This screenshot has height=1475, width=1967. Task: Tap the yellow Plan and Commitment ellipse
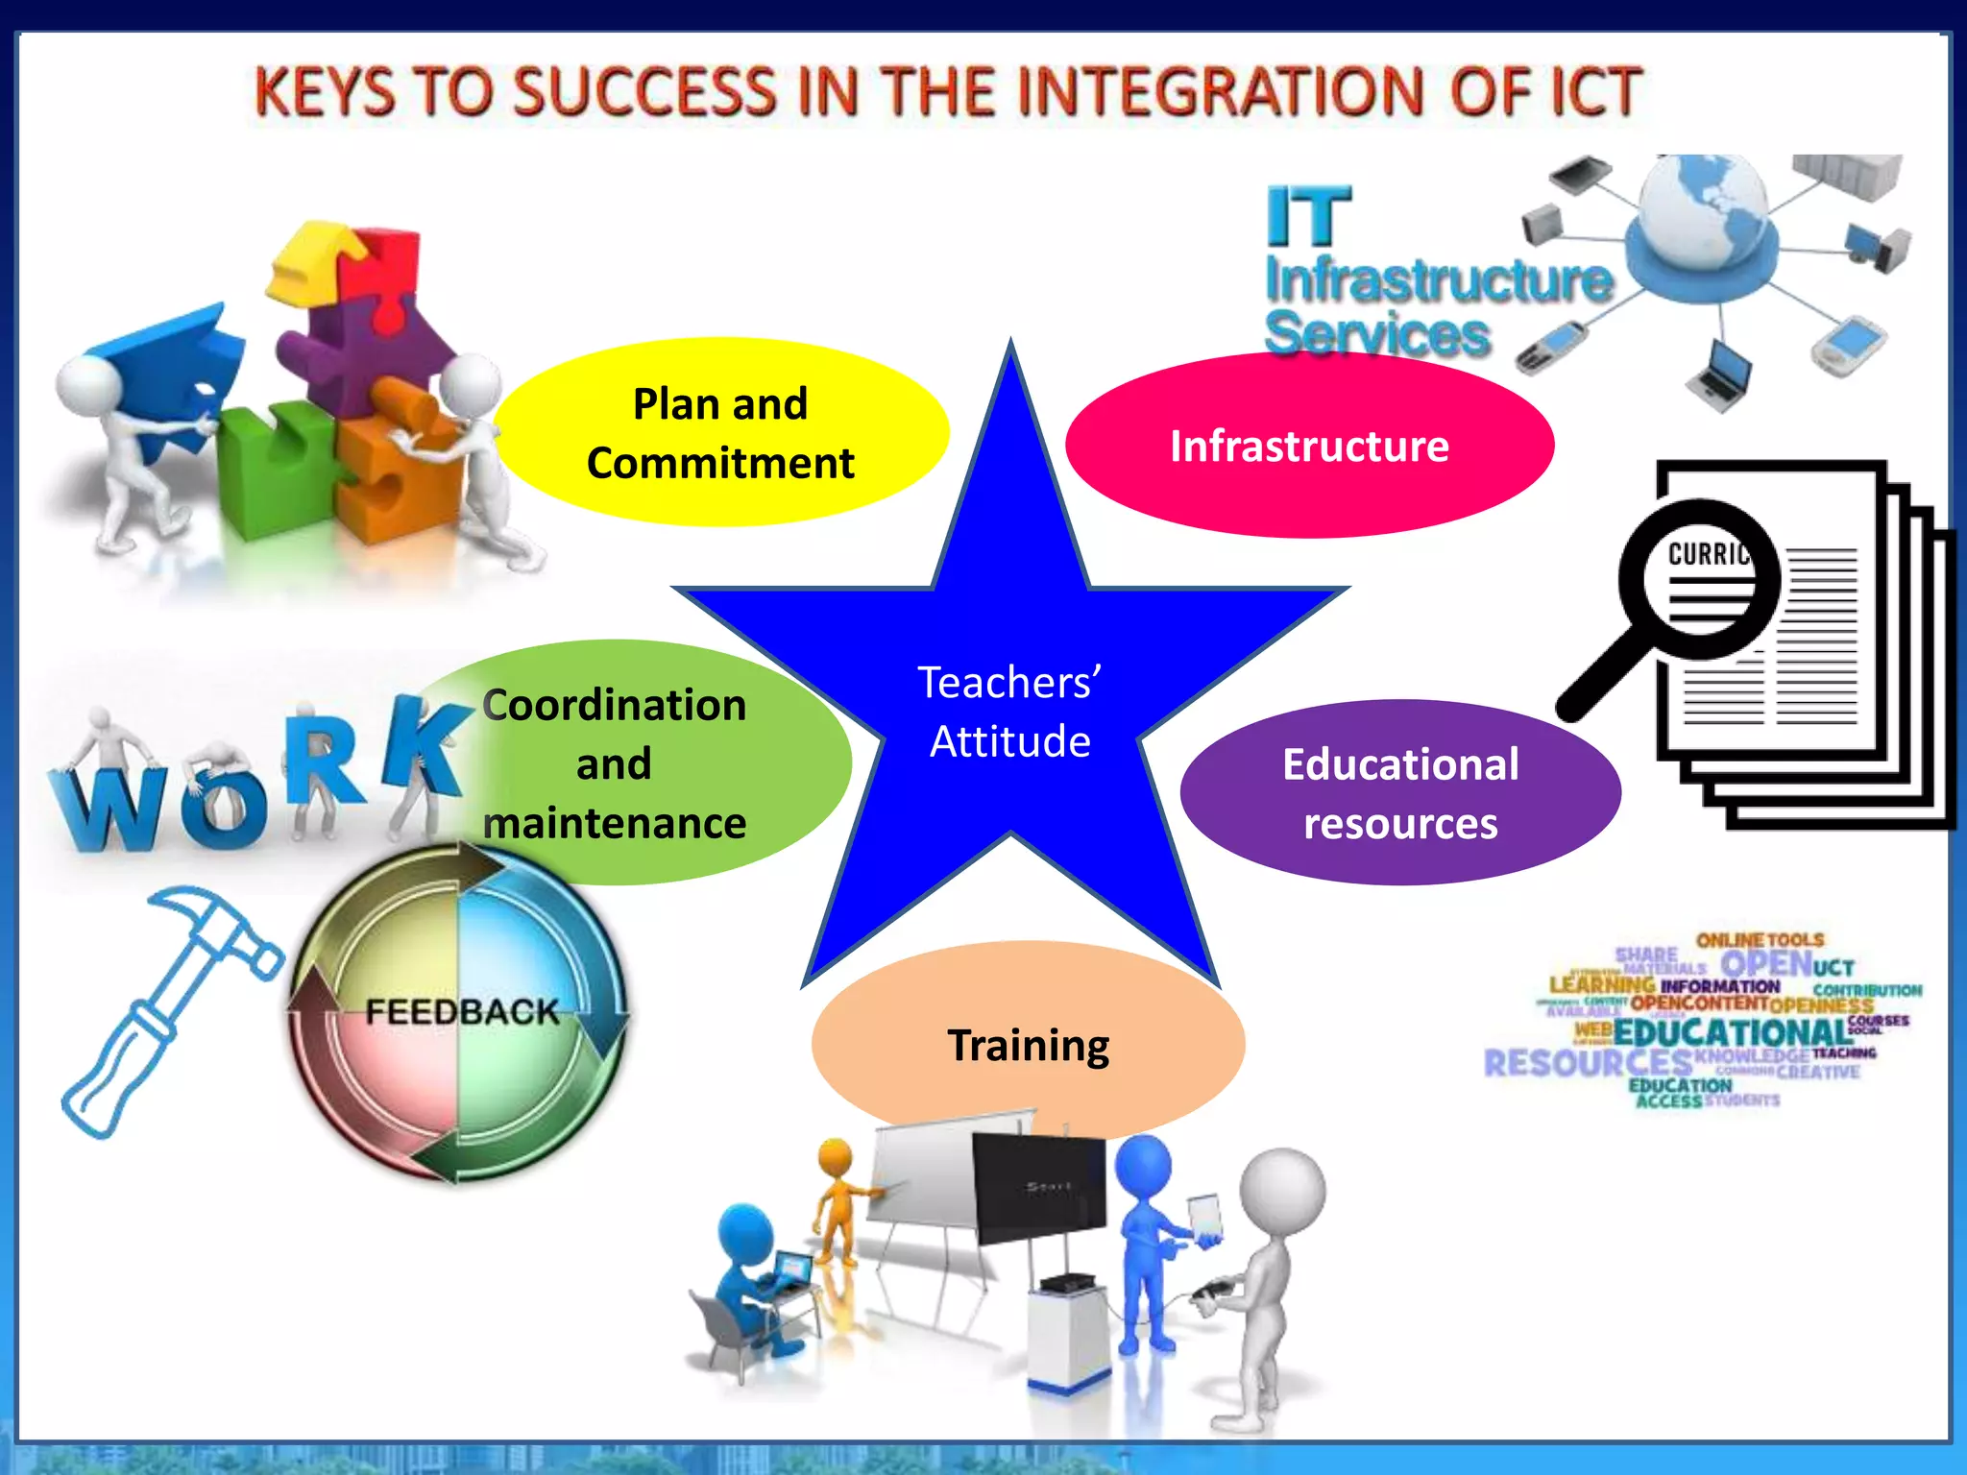720,432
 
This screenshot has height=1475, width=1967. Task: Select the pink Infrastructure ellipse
1309,446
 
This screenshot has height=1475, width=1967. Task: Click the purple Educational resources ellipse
1400,793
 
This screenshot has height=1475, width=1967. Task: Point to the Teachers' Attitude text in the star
1009,712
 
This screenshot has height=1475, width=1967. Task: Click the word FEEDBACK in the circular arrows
462,1011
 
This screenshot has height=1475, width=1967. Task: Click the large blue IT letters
1308,217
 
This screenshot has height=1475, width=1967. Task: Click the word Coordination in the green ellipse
615,705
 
